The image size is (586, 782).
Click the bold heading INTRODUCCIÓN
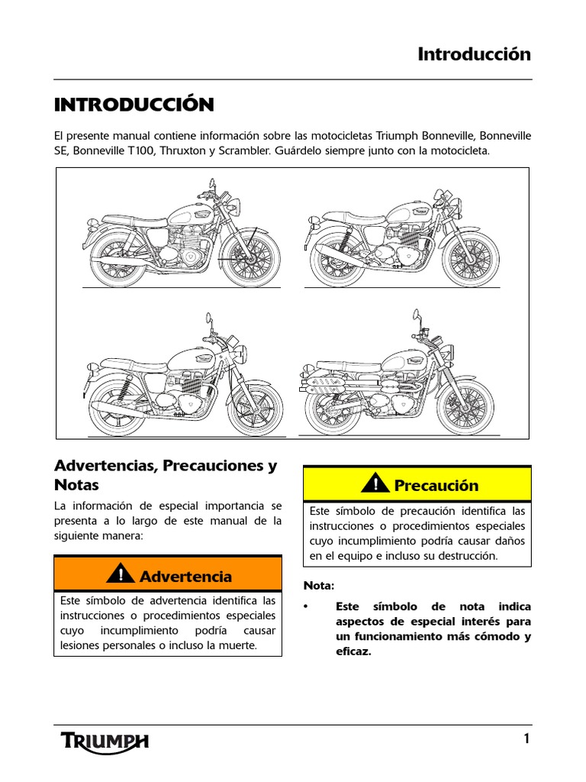tap(134, 104)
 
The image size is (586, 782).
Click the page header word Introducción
tap(474, 54)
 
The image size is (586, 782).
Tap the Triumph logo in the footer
tap(105, 740)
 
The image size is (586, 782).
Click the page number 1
tap(526, 738)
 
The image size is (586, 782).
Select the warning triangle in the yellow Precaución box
tap(375, 483)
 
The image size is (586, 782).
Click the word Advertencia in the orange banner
tap(185, 577)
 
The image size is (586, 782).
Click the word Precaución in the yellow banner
tap(436, 486)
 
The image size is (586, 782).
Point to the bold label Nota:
tap(319, 586)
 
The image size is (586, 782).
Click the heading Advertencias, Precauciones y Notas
tap(166, 475)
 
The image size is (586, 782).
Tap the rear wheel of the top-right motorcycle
tap(336, 259)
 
